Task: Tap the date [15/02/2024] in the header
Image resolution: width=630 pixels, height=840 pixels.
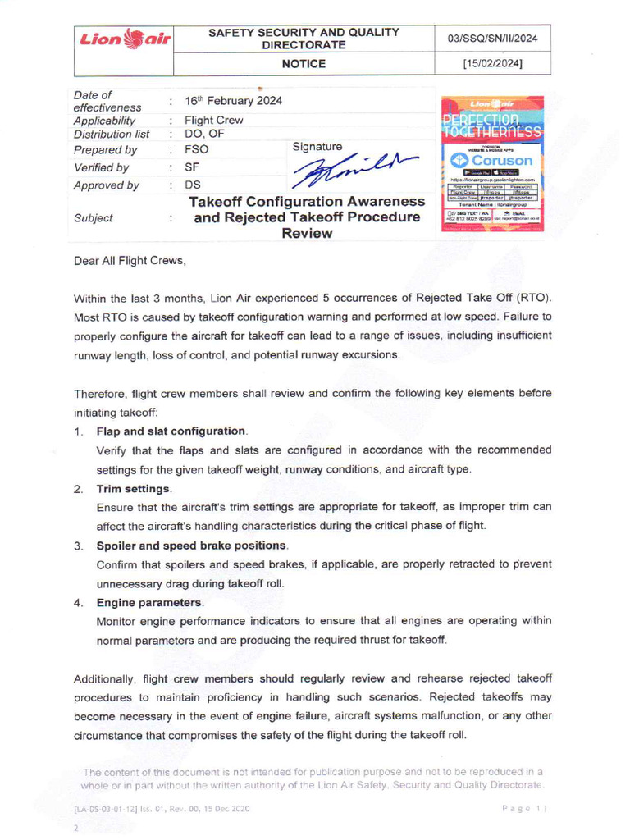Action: pyautogui.click(x=493, y=63)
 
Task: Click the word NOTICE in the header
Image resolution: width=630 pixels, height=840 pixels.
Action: pyautogui.click(x=304, y=63)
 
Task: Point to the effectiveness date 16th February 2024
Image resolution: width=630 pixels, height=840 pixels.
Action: pyautogui.click(x=233, y=101)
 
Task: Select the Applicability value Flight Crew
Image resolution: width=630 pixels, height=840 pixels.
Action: pyautogui.click(x=213, y=120)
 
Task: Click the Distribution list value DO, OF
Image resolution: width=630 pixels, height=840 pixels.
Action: pyautogui.click(x=204, y=134)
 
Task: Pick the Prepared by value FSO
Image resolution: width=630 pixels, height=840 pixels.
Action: pyautogui.click(x=197, y=150)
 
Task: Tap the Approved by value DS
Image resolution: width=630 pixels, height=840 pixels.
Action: pyautogui.click(x=193, y=185)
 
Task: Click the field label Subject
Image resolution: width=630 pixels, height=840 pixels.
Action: pyautogui.click(x=94, y=218)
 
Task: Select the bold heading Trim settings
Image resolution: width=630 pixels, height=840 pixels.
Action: pyautogui.click(x=134, y=488)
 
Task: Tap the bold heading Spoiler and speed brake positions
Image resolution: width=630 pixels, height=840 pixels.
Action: pyautogui.click(x=192, y=546)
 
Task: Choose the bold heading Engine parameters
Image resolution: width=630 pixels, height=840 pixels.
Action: pyautogui.click(x=150, y=603)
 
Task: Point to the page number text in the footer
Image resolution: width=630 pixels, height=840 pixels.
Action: pyautogui.click(x=523, y=809)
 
